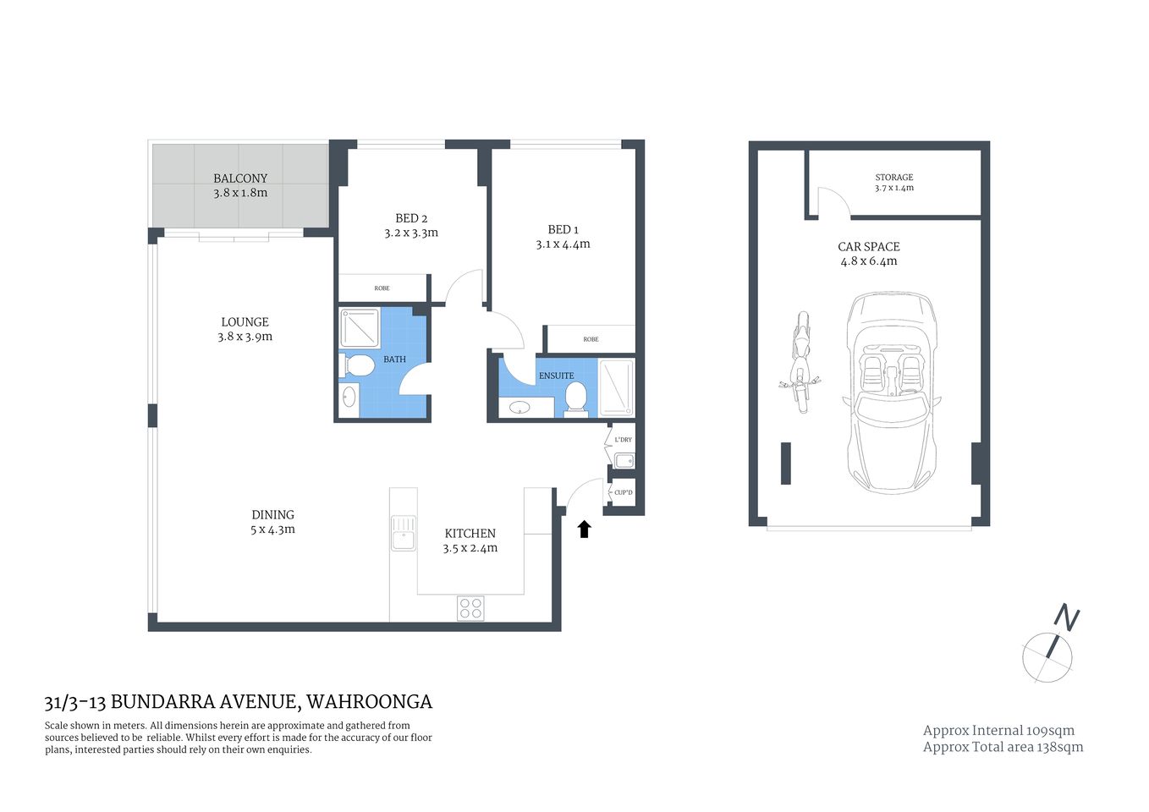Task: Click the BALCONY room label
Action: pyautogui.click(x=240, y=178)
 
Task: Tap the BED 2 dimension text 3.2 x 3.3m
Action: pyautogui.click(x=411, y=233)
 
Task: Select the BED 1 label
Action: pyautogui.click(x=563, y=229)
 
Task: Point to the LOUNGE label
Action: pyautogui.click(x=245, y=322)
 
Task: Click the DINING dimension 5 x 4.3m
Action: pyautogui.click(x=272, y=529)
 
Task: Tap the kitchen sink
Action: pyautogui.click(x=403, y=533)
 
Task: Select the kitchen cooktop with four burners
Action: pyautogui.click(x=470, y=607)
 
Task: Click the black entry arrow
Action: pyautogui.click(x=584, y=529)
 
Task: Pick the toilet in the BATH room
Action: pyautogui.click(x=359, y=366)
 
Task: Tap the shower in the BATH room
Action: pyautogui.click(x=360, y=327)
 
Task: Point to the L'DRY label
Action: pyautogui.click(x=623, y=440)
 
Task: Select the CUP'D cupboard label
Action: pyautogui.click(x=623, y=492)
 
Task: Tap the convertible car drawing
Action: pyautogui.click(x=891, y=391)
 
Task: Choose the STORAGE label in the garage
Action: pyautogui.click(x=893, y=178)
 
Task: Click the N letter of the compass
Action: pyautogui.click(x=1067, y=618)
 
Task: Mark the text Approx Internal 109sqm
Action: pyautogui.click(x=998, y=731)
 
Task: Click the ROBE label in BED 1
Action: pyautogui.click(x=591, y=339)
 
